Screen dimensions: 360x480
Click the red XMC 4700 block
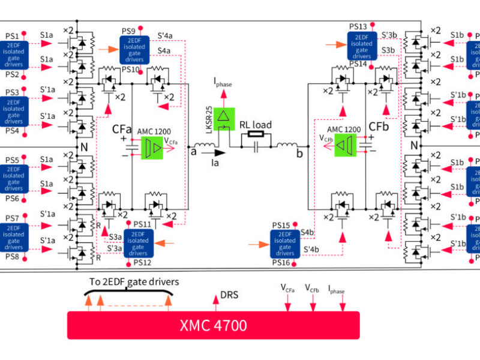pos(213,325)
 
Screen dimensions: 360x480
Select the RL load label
pos(256,125)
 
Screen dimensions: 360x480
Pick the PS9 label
pos(128,31)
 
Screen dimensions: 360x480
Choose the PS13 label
pos(358,26)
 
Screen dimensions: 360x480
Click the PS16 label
pos(281,263)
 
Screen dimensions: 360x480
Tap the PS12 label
pos(142,262)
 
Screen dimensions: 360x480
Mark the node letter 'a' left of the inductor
pos(194,152)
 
